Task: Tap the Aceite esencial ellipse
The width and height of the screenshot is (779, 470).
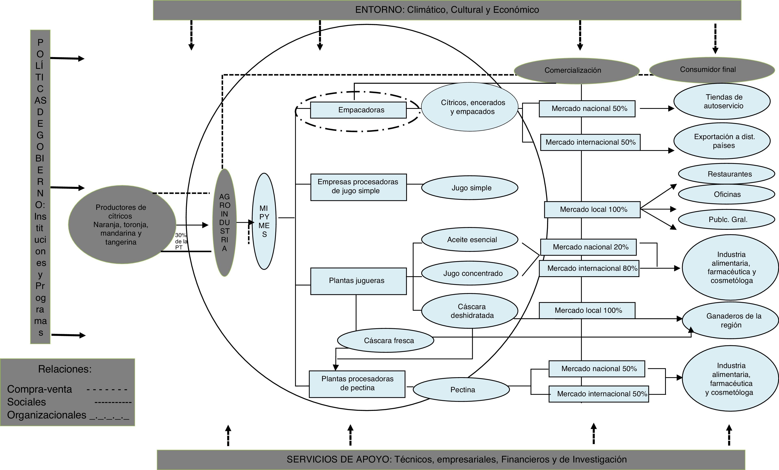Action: click(470, 239)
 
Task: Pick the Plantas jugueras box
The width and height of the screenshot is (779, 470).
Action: click(358, 281)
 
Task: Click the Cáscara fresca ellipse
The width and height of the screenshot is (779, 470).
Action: click(386, 340)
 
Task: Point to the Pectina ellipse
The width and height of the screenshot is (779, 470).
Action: click(462, 389)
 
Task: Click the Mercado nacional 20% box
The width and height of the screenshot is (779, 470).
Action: click(588, 247)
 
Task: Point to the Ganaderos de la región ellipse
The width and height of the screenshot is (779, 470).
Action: click(730, 320)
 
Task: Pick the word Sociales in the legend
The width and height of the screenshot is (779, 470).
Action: click(27, 402)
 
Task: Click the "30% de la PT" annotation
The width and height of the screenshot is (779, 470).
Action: click(181, 241)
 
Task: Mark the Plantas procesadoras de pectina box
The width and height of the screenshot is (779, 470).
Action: click(357, 384)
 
